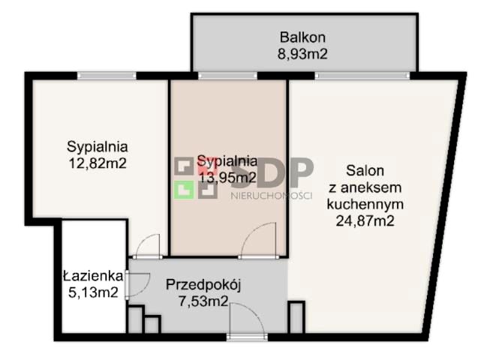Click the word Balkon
(303, 37)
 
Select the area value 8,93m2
(303, 53)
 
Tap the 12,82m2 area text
(96, 162)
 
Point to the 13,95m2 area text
(227, 177)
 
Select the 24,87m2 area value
(365, 220)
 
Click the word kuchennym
(365, 203)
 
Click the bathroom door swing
(136, 282)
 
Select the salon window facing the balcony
(362, 75)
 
